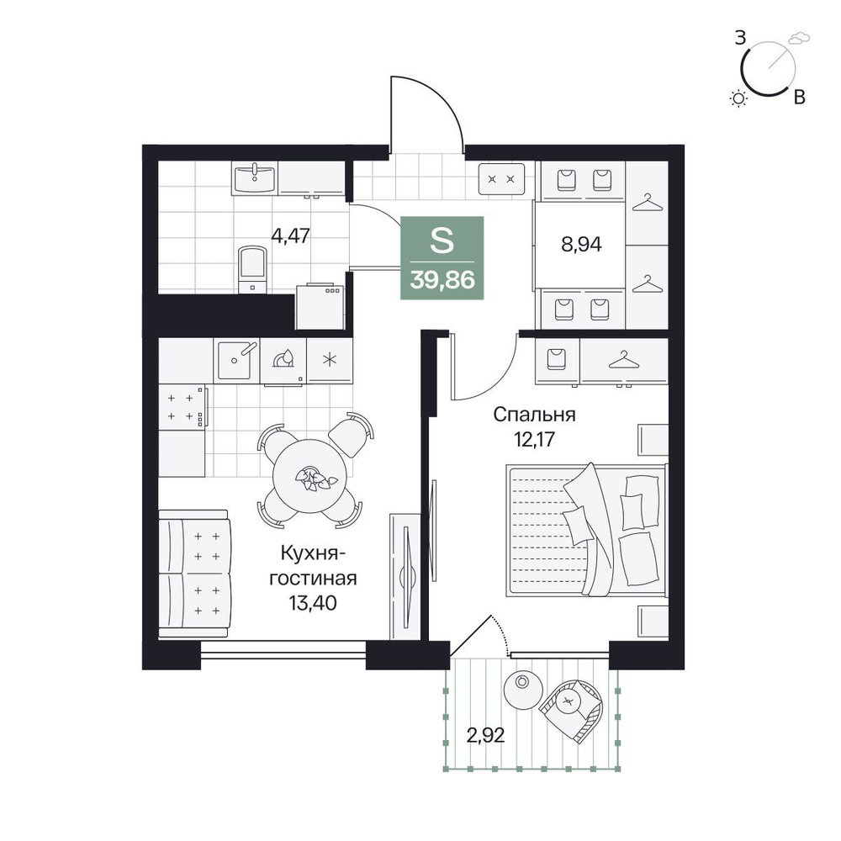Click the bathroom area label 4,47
pos(291,236)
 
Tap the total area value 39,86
pos(442,280)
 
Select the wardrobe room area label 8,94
pos(581,245)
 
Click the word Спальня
pos(534,415)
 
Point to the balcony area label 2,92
pos(485,735)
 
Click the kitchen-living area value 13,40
pos(313,603)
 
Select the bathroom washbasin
pos(255,178)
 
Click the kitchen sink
pos(236,360)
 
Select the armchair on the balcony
pos(571,710)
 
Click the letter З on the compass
pos(741,39)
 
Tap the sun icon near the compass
pos(739,98)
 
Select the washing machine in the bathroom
pos(320,306)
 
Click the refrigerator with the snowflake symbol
pos(330,360)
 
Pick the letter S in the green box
pos(442,241)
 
